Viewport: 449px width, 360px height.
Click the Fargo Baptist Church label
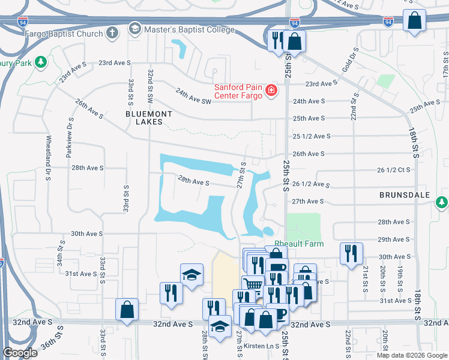(64, 34)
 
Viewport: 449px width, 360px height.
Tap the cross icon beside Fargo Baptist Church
(112, 32)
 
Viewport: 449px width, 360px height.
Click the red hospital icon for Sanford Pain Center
(271, 91)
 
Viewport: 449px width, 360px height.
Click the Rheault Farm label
(299, 244)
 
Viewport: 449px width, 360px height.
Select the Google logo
(20, 353)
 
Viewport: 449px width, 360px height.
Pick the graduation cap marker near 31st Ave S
(191, 275)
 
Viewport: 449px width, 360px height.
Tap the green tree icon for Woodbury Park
(41, 62)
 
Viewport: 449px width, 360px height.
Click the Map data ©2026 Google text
(411, 355)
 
